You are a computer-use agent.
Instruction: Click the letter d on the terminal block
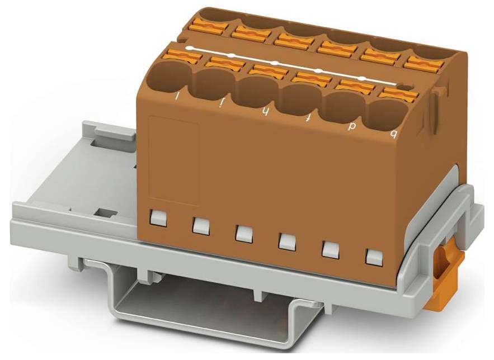pyautogui.click(x=352, y=126)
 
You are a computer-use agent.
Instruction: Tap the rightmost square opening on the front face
pyautogui.click(x=373, y=257)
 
